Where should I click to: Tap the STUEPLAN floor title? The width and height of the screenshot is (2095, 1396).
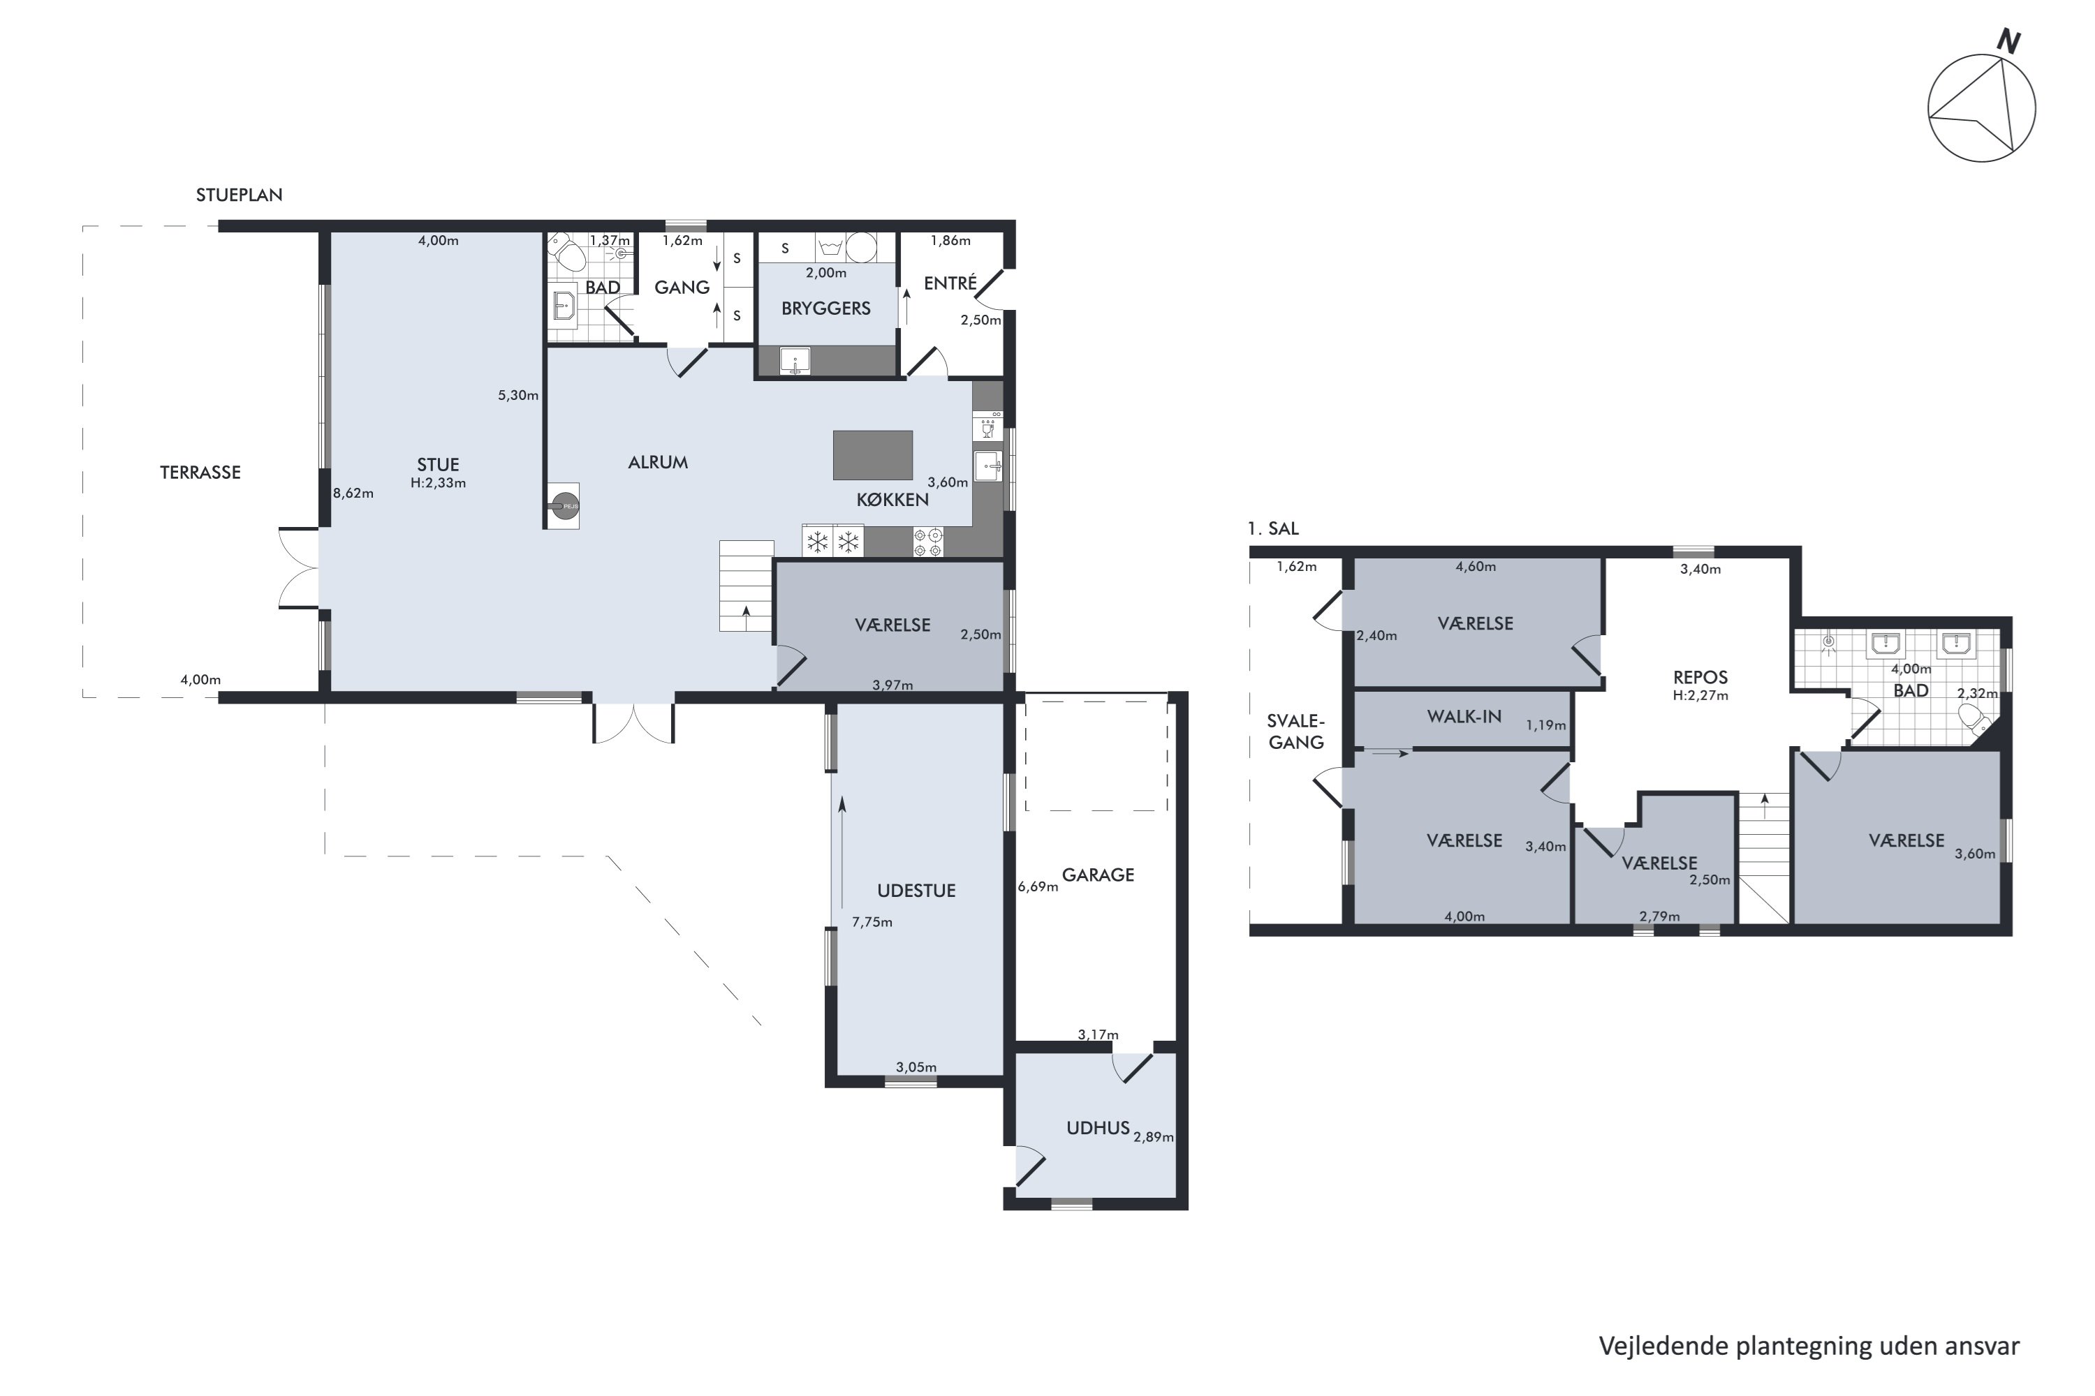[x=239, y=195]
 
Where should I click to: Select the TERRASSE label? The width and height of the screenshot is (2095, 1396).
[x=200, y=473]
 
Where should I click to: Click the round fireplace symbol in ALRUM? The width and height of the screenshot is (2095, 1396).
[x=562, y=505]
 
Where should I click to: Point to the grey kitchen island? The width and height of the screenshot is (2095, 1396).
[x=873, y=455]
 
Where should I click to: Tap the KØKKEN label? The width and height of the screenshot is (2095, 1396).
[x=892, y=500]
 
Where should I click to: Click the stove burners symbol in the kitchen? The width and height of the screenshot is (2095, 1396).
[x=928, y=542]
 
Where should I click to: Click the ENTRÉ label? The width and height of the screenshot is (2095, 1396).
[x=950, y=283]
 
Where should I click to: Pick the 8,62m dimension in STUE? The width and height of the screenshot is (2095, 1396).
[x=353, y=493]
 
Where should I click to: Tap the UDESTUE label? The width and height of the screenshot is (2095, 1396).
[x=916, y=891]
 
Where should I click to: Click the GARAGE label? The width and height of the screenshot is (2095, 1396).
[x=1098, y=875]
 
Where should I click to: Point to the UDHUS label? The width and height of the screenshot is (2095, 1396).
[x=1098, y=1128]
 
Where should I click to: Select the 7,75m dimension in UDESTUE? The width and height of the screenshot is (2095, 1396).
[x=872, y=922]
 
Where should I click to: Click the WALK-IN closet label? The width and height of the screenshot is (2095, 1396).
[x=1464, y=717]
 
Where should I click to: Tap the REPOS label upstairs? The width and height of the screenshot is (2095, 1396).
[x=1700, y=678]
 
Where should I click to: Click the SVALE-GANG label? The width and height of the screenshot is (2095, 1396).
[x=1296, y=732]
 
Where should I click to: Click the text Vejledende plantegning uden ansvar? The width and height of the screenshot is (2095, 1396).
[x=1809, y=1346]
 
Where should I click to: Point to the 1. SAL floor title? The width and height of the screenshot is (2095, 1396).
[x=1274, y=529]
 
